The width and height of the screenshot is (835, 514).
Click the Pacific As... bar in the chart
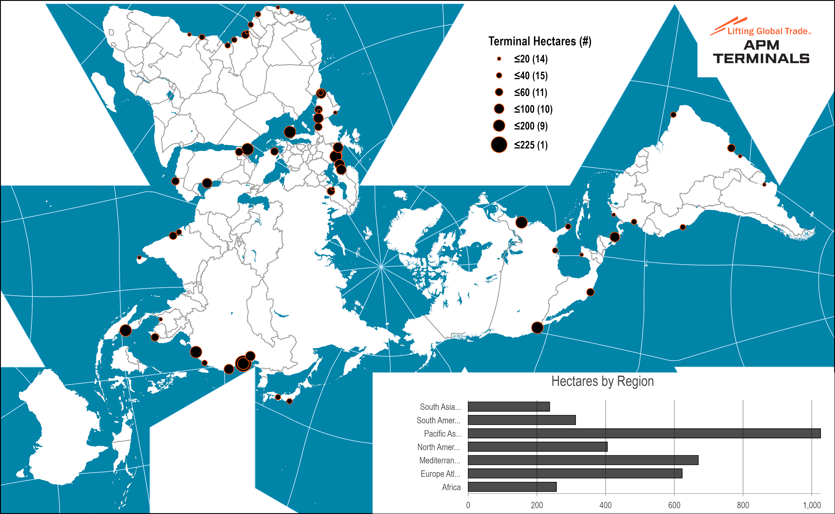[644, 433]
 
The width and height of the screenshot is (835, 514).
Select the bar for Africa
[512, 487]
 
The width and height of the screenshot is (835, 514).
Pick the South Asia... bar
[509, 407]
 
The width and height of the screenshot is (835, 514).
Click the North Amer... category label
[439, 447]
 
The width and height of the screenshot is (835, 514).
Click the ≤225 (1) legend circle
[499, 145]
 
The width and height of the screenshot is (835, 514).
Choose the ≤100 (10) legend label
[533, 109]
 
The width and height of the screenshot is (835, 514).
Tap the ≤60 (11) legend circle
[499, 92]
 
